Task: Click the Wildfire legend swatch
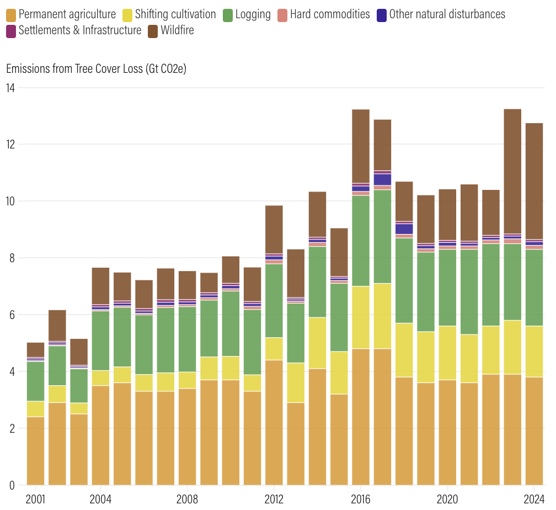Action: pos(153,31)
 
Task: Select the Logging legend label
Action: pos(253,14)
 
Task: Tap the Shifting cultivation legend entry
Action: pos(175,14)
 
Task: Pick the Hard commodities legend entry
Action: pos(330,14)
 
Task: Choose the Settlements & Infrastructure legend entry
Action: pos(80,31)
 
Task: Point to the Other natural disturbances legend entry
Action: pos(447,14)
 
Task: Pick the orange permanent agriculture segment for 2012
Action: pos(274,422)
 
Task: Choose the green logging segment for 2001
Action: pos(35,381)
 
